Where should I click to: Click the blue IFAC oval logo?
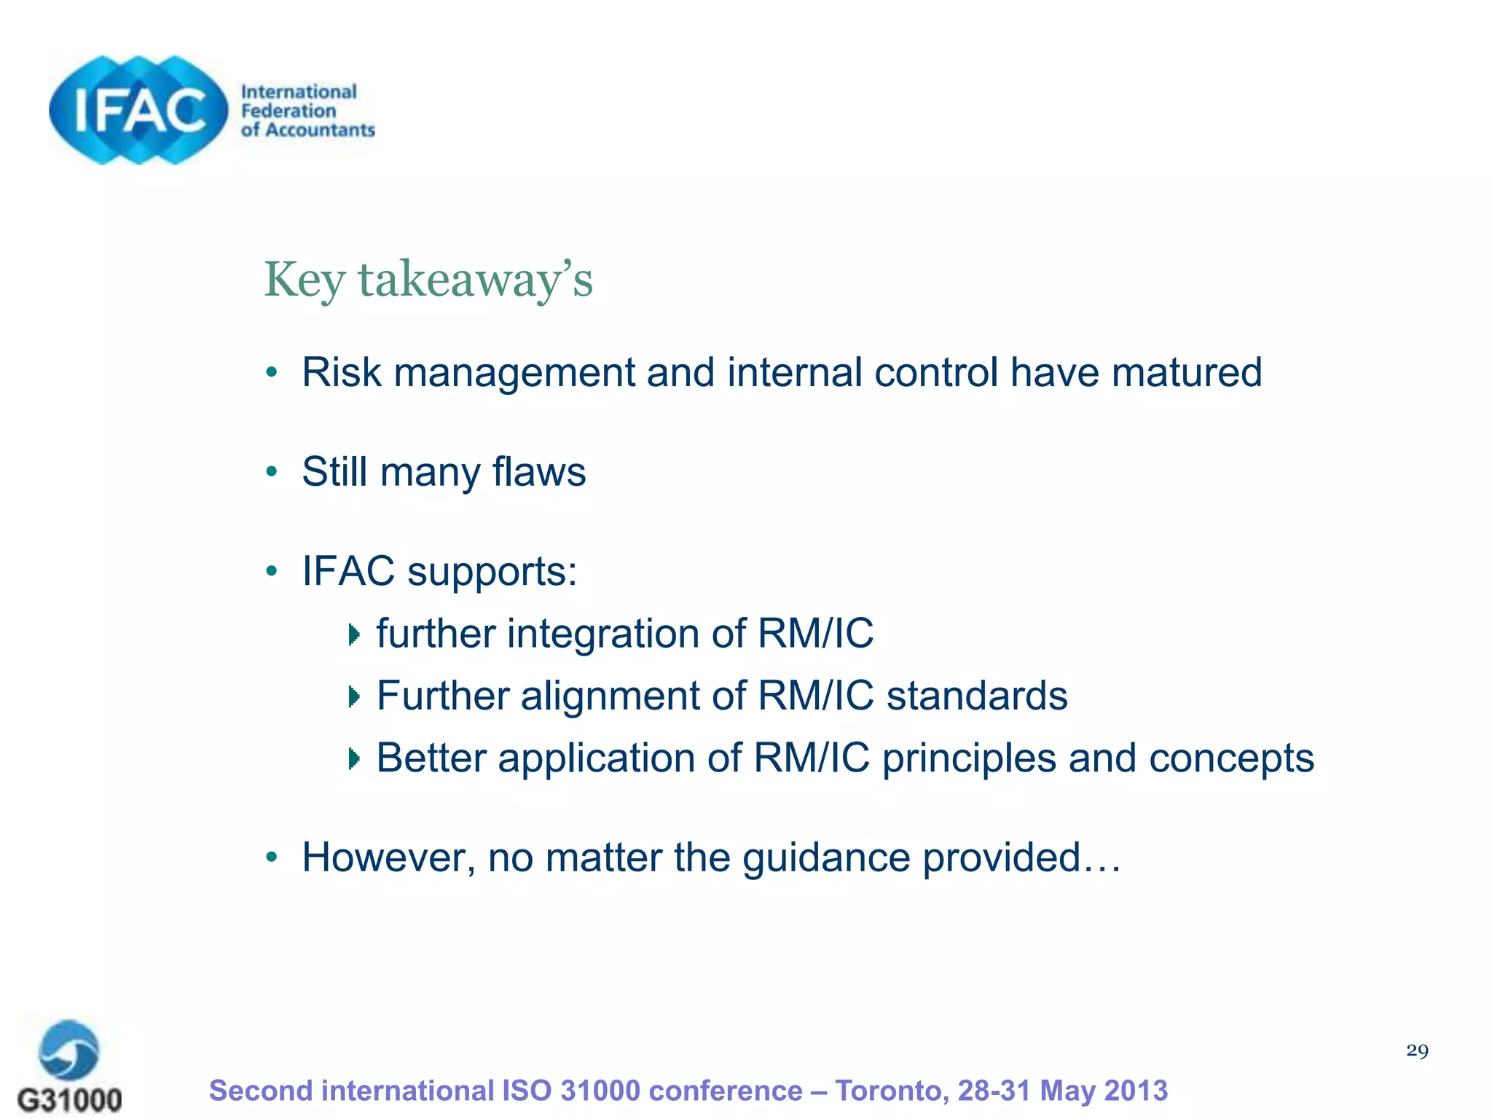[x=138, y=111]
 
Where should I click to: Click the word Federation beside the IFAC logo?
[x=288, y=111]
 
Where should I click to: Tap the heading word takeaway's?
[x=475, y=280]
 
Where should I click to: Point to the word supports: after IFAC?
[x=492, y=572]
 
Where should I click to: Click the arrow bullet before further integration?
[x=354, y=635]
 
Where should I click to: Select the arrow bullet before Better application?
[x=354, y=759]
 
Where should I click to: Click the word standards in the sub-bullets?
[x=976, y=696]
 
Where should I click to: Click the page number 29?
[x=1417, y=1051]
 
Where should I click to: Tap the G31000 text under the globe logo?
[x=70, y=1099]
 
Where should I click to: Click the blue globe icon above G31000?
[x=69, y=1050]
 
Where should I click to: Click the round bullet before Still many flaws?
[x=272, y=472]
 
